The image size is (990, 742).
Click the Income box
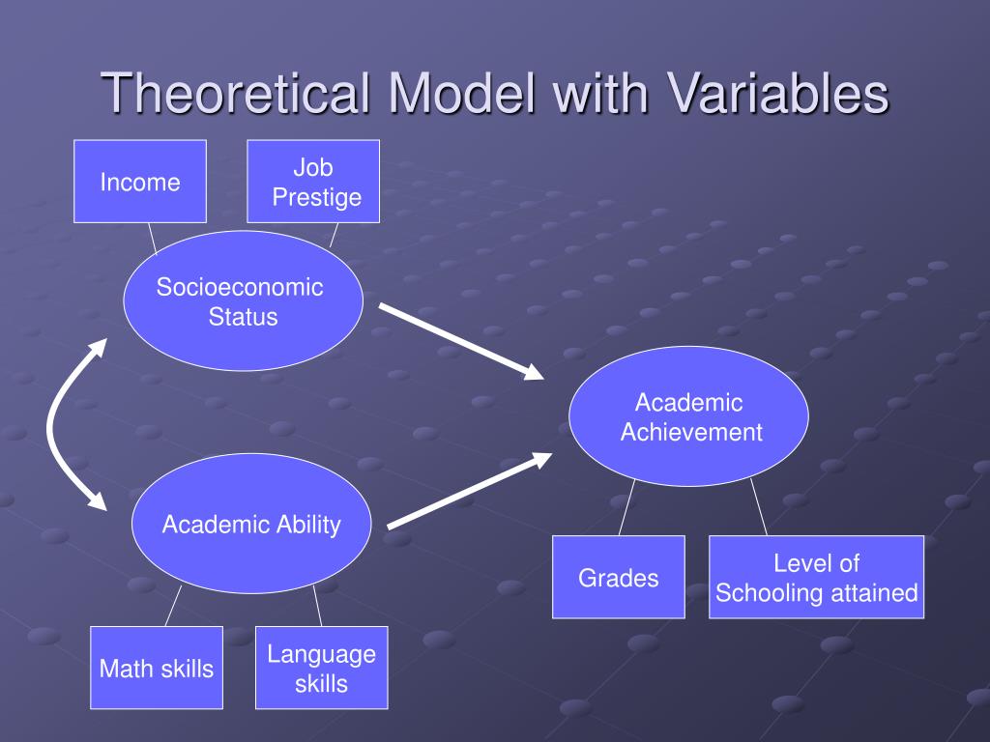tap(140, 182)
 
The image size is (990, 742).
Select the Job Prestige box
tap(313, 182)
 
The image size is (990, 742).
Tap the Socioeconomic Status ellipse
tap(243, 300)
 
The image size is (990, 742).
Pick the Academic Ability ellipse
tap(251, 525)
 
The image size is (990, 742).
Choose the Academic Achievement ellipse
tap(688, 416)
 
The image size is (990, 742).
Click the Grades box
tap(619, 577)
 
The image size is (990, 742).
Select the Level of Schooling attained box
tap(816, 577)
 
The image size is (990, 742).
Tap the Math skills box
tap(157, 668)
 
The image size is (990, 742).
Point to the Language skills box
tap(322, 668)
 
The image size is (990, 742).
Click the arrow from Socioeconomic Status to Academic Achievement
tap(460, 340)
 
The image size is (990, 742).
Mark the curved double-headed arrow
tap(53, 425)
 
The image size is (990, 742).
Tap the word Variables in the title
tap(776, 94)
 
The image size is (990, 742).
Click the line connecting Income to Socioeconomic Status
tap(152, 238)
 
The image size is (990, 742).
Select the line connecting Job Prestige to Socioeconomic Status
tap(335, 235)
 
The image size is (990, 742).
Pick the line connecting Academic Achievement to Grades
tap(626, 508)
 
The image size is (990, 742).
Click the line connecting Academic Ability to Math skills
tap(173, 606)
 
